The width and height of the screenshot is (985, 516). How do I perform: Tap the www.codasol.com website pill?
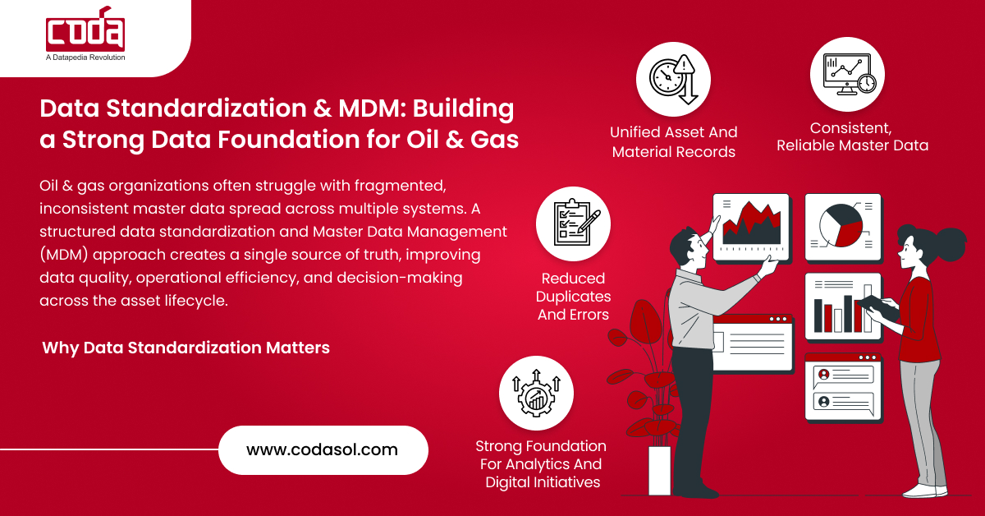[x=323, y=450]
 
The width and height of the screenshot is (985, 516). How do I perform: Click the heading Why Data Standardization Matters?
[x=186, y=348]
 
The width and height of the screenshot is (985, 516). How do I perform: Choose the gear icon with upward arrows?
[x=536, y=393]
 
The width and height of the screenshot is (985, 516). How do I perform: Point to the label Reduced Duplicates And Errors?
[x=572, y=296]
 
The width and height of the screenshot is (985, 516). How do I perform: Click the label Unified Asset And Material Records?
[x=673, y=141]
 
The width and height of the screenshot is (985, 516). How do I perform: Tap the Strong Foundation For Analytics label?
[x=541, y=464]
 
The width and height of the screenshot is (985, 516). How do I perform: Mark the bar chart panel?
[x=841, y=305]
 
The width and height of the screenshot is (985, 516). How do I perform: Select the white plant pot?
[x=659, y=470]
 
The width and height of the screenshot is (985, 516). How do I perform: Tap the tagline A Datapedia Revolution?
[x=85, y=58]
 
